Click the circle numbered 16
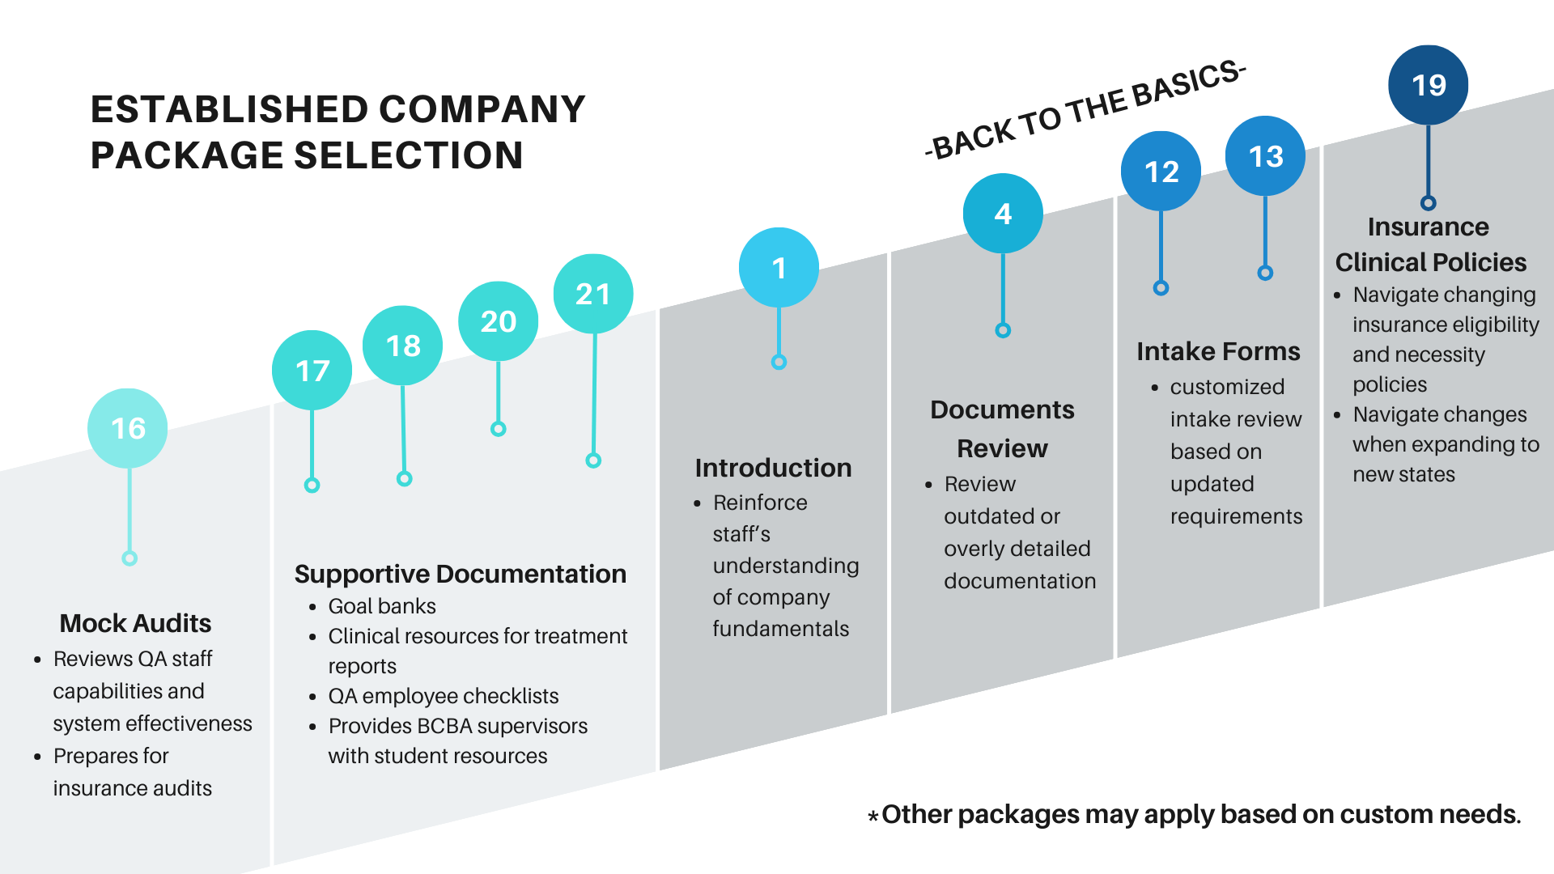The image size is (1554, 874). point(128,428)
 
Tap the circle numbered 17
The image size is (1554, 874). point(312,371)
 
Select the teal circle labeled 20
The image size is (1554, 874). point(498,321)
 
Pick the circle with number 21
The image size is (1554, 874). point(592,294)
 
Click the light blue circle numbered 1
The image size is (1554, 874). point(779,268)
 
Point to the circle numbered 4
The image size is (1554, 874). point(1003,214)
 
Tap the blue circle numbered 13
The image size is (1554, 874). point(1265,156)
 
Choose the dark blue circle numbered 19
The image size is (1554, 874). point(1428,85)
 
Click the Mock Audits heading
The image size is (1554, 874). point(135,623)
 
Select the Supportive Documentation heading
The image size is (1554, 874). point(460,574)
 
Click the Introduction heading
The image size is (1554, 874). point(773,468)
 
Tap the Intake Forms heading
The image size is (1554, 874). point(1217,351)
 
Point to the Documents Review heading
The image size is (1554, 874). point(1002,429)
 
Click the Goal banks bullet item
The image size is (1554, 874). point(381,606)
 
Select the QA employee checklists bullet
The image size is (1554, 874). point(443,696)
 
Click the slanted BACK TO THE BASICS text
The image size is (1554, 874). point(1085,110)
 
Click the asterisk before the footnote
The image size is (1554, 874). point(873,817)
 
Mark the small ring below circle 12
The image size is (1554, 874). point(1161,288)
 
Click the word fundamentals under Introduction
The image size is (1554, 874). point(780,629)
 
